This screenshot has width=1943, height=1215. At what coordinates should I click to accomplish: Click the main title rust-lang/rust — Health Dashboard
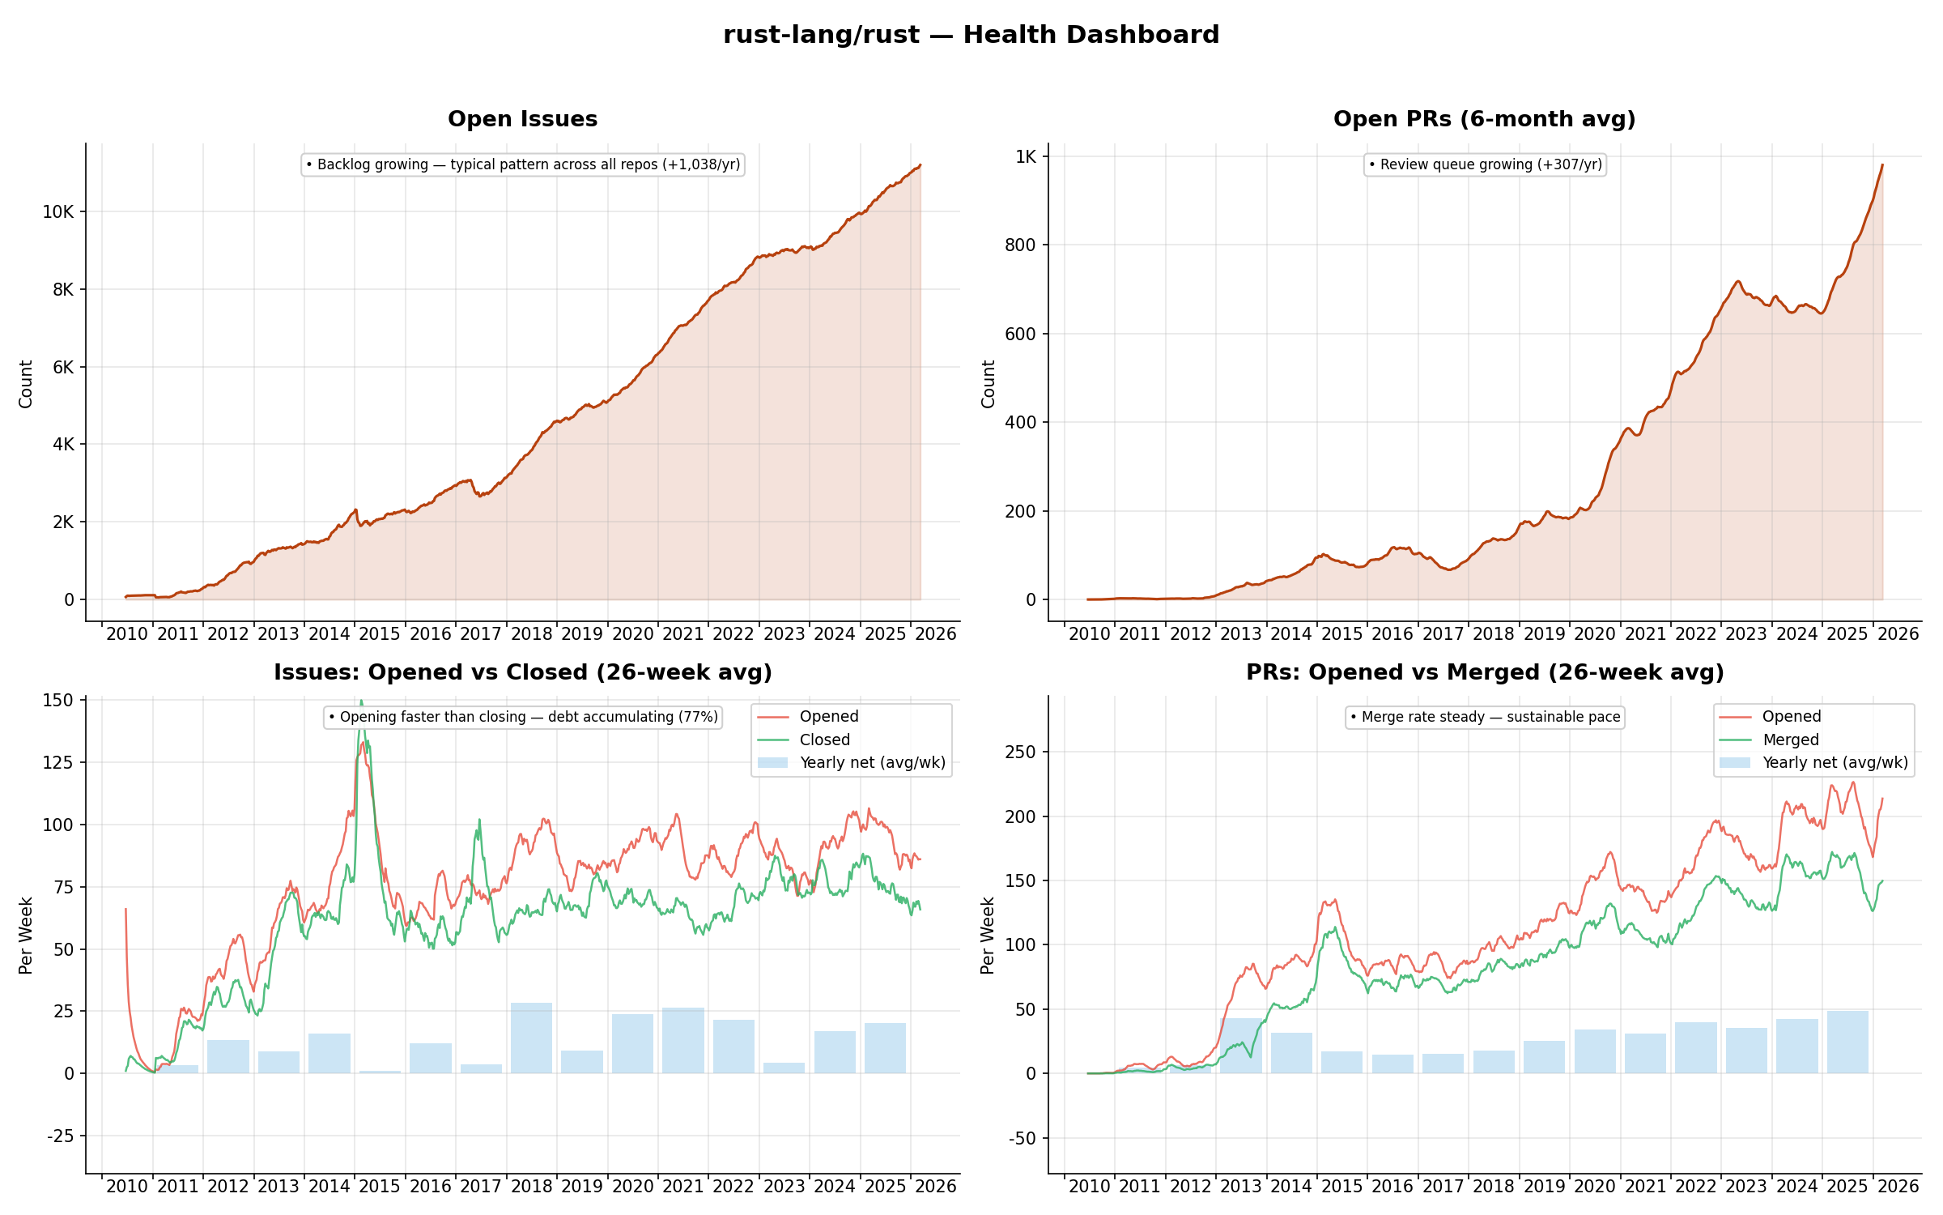[x=971, y=35]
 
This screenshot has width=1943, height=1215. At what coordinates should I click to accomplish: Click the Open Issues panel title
[x=522, y=119]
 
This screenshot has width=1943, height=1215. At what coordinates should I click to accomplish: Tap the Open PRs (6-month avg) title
[x=1484, y=119]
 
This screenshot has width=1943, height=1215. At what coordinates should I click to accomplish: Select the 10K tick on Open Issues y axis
[x=58, y=212]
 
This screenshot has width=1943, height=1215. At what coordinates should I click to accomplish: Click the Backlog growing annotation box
[x=523, y=164]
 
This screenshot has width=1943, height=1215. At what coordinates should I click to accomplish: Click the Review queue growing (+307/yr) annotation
[x=1485, y=164]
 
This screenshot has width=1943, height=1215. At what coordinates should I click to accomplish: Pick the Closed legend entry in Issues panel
[x=824, y=740]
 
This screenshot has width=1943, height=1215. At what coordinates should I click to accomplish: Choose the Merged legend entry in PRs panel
[x=1790, y=740]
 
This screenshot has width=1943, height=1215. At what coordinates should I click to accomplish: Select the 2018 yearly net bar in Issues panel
[x=531, y=1038]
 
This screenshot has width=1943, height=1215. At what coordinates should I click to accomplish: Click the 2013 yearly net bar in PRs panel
[x=1240, y=1046]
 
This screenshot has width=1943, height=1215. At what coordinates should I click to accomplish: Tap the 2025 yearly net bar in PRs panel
[x=1847, y=1042]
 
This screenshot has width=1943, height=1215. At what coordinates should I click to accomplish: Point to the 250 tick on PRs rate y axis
[x=1020, y=752]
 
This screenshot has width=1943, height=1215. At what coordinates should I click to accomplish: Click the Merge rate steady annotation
[x=1485, y=717]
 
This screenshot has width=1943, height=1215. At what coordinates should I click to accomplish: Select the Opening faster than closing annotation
[x=523, y=717]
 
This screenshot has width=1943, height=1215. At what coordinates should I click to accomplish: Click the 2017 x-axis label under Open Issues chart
[x=480, y=634]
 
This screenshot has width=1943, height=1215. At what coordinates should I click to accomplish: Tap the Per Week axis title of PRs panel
[x=988, y=935]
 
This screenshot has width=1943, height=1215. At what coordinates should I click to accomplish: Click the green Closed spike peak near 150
[x=361, y=702]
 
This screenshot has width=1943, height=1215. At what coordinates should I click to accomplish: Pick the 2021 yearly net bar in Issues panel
[x=682, y=1041]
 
